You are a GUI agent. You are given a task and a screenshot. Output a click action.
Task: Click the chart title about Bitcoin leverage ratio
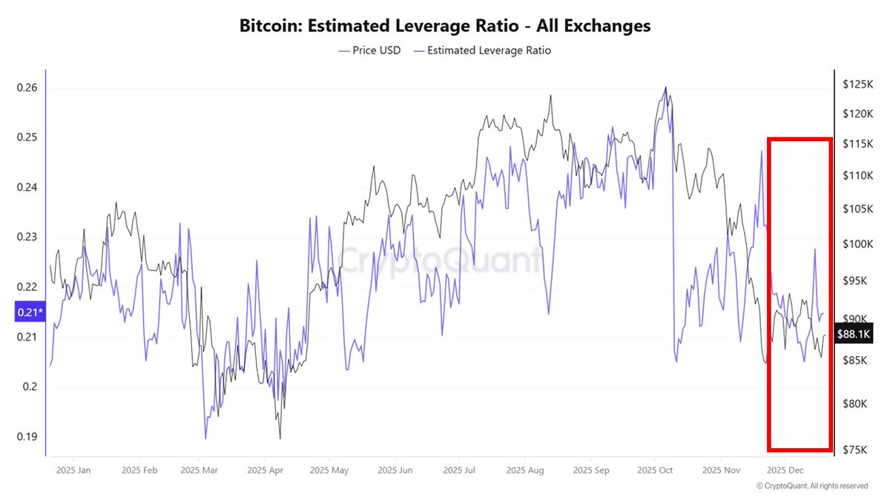click(x=445, y=26)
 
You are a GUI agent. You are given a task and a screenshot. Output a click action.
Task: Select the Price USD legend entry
click(x=369, y=50)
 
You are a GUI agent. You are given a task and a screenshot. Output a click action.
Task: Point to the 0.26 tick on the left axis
click(x=27, y=88)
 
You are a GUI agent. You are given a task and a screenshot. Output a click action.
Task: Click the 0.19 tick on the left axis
click(x=27, y=436)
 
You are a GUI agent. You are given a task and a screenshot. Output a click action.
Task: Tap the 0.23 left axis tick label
click(x=27, y=238)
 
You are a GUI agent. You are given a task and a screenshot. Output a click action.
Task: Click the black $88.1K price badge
click(x=853, y=334)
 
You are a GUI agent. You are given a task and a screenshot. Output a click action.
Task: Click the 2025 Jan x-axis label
click(x=74, y=470)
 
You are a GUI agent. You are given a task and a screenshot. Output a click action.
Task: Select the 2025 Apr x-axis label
click(x=265, y=470)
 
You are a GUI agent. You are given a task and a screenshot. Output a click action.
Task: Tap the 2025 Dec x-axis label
click(x=786, y=470)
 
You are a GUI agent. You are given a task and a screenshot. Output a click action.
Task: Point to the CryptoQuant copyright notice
click(x=811, y=486)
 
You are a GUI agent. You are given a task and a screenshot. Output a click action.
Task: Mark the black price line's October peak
click(x=665, y=88)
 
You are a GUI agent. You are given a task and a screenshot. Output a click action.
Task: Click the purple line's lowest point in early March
click(x=205, y=439)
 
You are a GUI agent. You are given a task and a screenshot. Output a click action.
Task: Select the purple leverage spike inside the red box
click(x=814, y=249)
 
